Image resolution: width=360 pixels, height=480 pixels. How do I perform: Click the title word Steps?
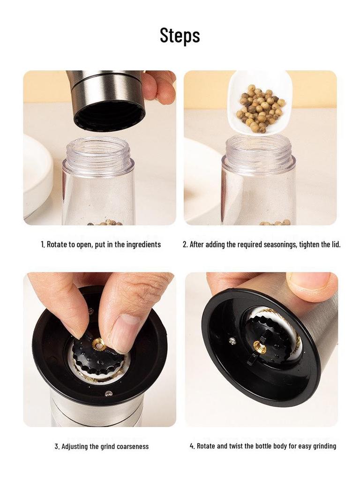click(180, 35)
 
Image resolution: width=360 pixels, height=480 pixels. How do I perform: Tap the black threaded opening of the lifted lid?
click(109, 114)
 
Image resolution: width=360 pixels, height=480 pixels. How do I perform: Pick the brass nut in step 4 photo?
click(259, 347)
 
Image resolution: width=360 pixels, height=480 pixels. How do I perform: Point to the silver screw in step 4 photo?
click(232, 341)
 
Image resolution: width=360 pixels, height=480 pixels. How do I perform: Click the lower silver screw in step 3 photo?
click(108, 394)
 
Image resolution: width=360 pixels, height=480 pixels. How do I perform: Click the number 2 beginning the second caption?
click(185, 245)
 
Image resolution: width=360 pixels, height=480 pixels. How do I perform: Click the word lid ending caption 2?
click(336, 245)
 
